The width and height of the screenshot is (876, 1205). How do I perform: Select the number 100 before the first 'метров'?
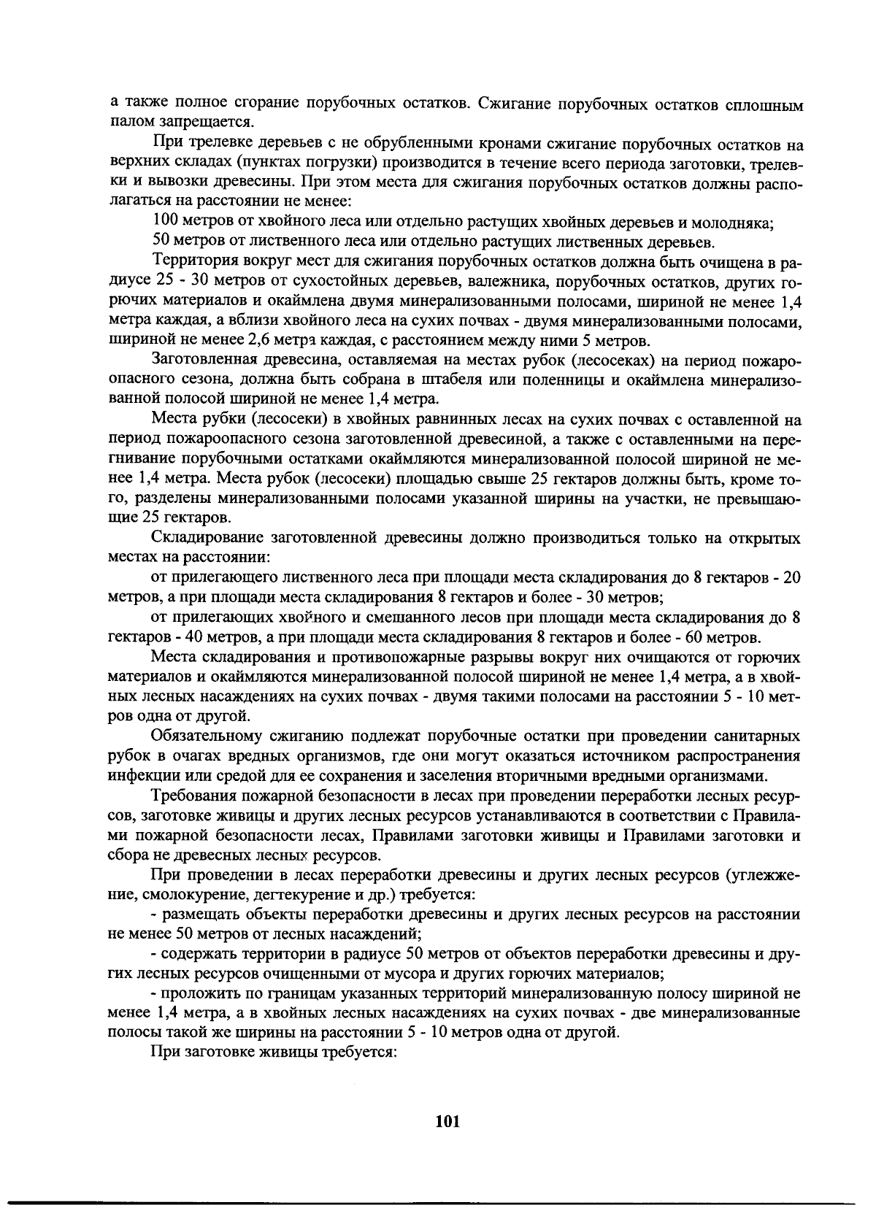pyautogui.click(x=166, y=220)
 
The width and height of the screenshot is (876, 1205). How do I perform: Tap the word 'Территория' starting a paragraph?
pyautogui.click(x=193, y=261)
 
